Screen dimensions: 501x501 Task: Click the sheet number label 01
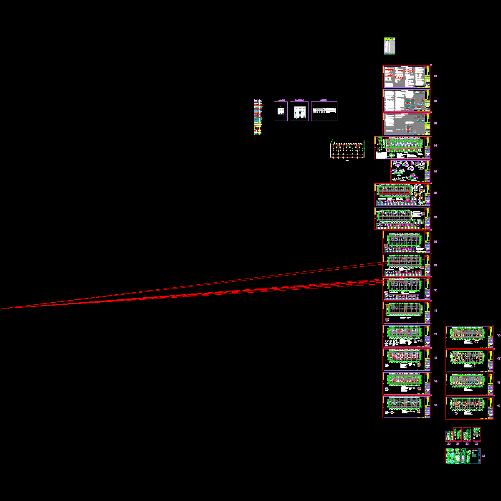pos(435,76)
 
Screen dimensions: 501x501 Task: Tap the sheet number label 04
pos(435,146)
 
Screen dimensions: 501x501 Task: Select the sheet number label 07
pos(435,218)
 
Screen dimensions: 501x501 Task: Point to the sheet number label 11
pos(435,311)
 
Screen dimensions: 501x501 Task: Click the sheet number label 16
pos(499,335)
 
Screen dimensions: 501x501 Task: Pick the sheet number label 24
pos(483,456)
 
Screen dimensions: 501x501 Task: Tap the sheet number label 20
pos(449,444)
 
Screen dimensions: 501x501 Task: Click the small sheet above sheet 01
pos(389,46)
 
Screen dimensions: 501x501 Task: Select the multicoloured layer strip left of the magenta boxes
pos(258,117)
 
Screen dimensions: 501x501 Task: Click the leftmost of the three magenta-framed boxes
pos(281,111)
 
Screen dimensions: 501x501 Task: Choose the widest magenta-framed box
pos(324,111)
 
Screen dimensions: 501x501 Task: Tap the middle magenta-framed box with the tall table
pos(299,111)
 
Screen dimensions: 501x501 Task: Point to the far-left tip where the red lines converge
pos(2,309)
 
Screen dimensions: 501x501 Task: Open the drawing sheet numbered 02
pos(407,101)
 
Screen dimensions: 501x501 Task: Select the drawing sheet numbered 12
pos(407,336)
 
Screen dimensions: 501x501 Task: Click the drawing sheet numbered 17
pos(470,361)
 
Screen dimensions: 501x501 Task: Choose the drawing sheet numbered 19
pos(470,408)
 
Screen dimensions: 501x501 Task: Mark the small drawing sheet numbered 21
pos(458,434)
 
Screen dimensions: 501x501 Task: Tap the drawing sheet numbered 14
pos(407,384)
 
